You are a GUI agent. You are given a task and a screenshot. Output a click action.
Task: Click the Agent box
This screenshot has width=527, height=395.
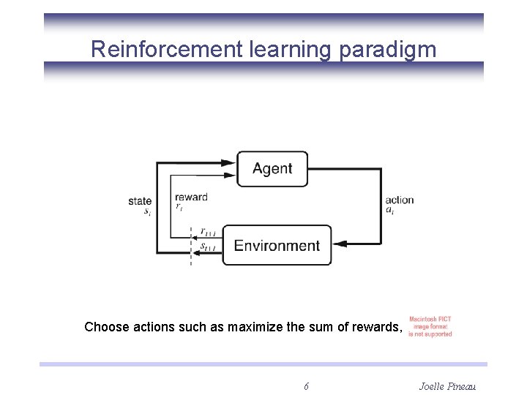click(272, 169)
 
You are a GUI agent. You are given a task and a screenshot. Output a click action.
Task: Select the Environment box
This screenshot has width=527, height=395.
click(277, 246)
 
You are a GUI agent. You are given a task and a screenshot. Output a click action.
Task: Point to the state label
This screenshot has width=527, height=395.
click(140, 201)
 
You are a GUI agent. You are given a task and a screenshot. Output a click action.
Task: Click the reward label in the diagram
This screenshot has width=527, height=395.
click(191, 197)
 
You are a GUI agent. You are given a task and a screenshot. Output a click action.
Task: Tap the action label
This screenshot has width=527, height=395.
click(399, 200)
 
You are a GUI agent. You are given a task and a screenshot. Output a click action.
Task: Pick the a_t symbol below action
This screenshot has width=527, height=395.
click(389, 211)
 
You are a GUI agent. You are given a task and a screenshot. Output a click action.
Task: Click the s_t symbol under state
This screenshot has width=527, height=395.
click(147, 211)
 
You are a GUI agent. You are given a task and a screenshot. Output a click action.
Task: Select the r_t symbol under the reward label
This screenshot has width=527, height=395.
click(179, 207)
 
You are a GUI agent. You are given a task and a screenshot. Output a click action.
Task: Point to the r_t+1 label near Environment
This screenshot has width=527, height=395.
click(208, 233)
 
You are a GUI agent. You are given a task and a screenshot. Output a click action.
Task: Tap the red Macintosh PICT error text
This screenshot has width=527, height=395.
click(430, 327)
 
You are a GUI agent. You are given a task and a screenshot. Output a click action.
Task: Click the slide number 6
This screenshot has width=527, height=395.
click(306, 385)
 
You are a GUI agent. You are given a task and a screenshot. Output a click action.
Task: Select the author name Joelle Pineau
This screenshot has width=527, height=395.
click(447, 385)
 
